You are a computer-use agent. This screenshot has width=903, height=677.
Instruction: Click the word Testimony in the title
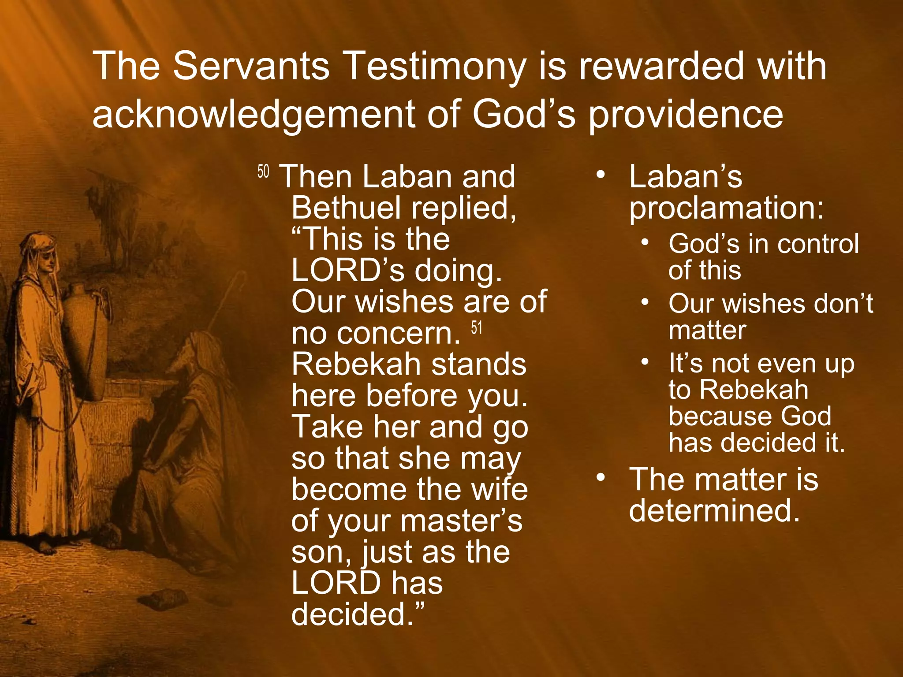tap(434, 67)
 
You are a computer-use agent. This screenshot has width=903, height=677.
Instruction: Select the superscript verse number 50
tap(263, 171)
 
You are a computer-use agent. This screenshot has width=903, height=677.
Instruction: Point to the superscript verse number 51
tap(477, 328)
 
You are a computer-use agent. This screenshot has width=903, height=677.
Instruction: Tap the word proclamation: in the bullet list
tap(726, 208)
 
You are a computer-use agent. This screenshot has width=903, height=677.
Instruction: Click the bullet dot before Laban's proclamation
tap(600, 175)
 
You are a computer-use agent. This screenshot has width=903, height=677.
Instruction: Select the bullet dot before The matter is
tap(600, 477)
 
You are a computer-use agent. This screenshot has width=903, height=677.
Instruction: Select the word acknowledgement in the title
tap(254, 115)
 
